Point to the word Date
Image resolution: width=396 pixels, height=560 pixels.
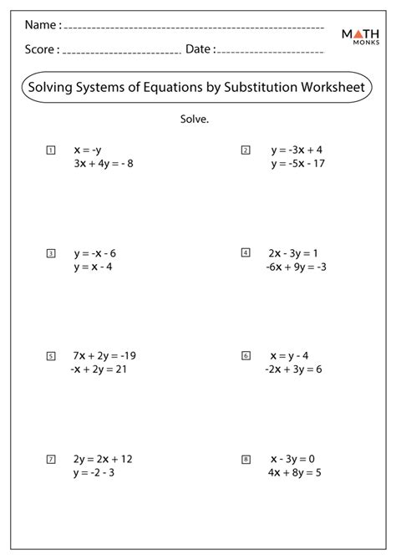[199, 50]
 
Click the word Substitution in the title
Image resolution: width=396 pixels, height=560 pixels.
[262, 88]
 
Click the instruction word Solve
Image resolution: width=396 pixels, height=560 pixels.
[194, 119]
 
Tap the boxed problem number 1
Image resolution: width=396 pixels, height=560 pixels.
[51, 150]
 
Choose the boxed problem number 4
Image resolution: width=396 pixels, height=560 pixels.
[246, 252]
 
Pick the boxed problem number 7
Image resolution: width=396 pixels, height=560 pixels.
[51, 459]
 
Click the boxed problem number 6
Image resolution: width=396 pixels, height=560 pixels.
[246, 355]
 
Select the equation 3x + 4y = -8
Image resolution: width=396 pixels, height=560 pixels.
[103, 164]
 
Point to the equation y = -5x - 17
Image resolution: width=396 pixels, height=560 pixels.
[297, 164]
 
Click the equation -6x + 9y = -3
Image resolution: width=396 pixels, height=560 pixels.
[297, 267]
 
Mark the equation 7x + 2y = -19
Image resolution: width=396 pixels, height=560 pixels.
[104, 355]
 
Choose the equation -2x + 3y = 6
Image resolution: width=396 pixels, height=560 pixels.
[295, 369]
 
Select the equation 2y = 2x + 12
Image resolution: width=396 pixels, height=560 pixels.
[104, 458]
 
